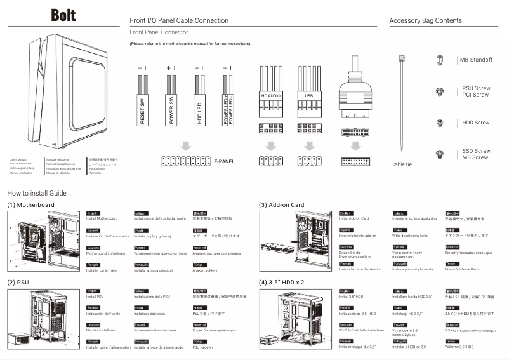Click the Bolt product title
point(65,15)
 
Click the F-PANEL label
point(224,161)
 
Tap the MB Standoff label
point(477,60)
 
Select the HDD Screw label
point(476,123)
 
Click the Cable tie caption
point(401,164)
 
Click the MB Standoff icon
point(439,60)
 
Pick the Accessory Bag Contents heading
point(425,21)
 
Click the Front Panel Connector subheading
point(159,32)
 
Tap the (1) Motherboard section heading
point(30,205)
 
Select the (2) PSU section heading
point(20,282)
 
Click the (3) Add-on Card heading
point(282,205)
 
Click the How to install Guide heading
point(37,193)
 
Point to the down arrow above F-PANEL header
point(185,146)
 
